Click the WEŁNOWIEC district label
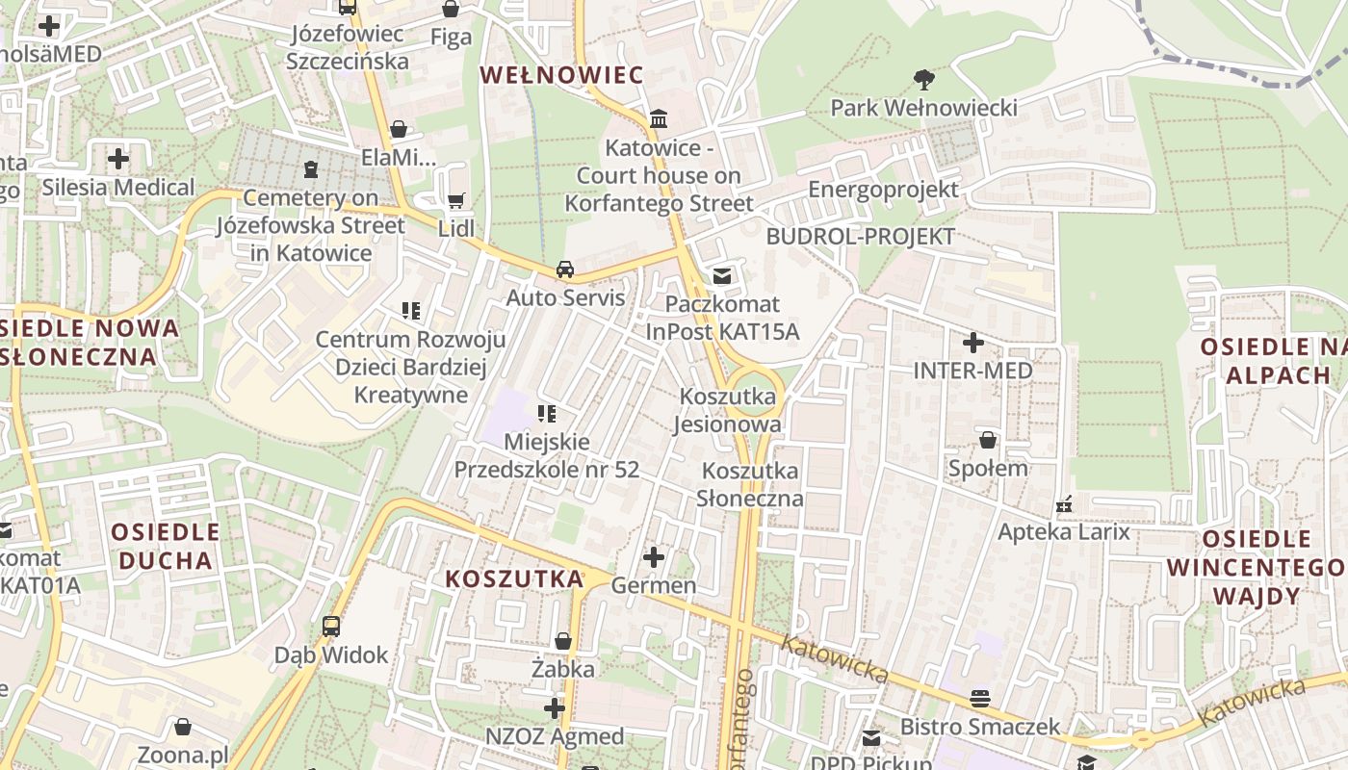click(x=561, y=75)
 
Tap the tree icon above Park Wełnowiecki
click(x=924, y=79)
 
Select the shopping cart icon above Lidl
click(x=456, y=201)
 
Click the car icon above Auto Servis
click(x=565, y=269)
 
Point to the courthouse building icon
click(x=660, y=119)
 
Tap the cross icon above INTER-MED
click(x=972, y=342)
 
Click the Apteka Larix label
click(x=1063, y=531)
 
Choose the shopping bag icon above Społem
click(x=988, y=441)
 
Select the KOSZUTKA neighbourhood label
click(x=515, y=578)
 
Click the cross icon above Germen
click(x=654, y=556)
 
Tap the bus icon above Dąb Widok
click(x=331, y=627)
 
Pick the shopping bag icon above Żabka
click(x=563, y=641)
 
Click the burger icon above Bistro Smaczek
click(x=980, y=698)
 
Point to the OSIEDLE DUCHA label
click(x=166, y=546)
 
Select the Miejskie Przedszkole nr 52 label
click(x=546, y=455)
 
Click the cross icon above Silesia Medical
click(x=118, y=158)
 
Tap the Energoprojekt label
click(x=883, y=189)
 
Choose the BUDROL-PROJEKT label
click(x=861, y=237)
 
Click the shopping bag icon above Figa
click(x=450, y=10)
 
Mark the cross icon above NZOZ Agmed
click(x=555, y=709)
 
